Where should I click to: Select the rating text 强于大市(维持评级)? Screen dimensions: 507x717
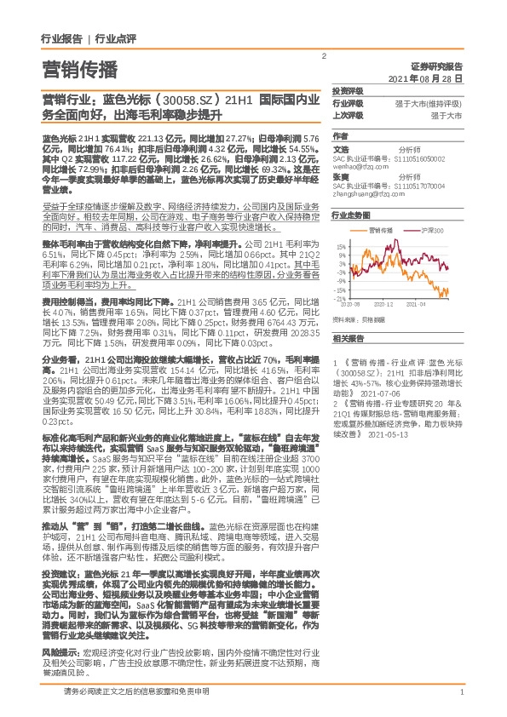click(435, 103)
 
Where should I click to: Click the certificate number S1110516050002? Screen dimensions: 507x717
click(427, 158)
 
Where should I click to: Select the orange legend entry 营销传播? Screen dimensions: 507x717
click(380, 230)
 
